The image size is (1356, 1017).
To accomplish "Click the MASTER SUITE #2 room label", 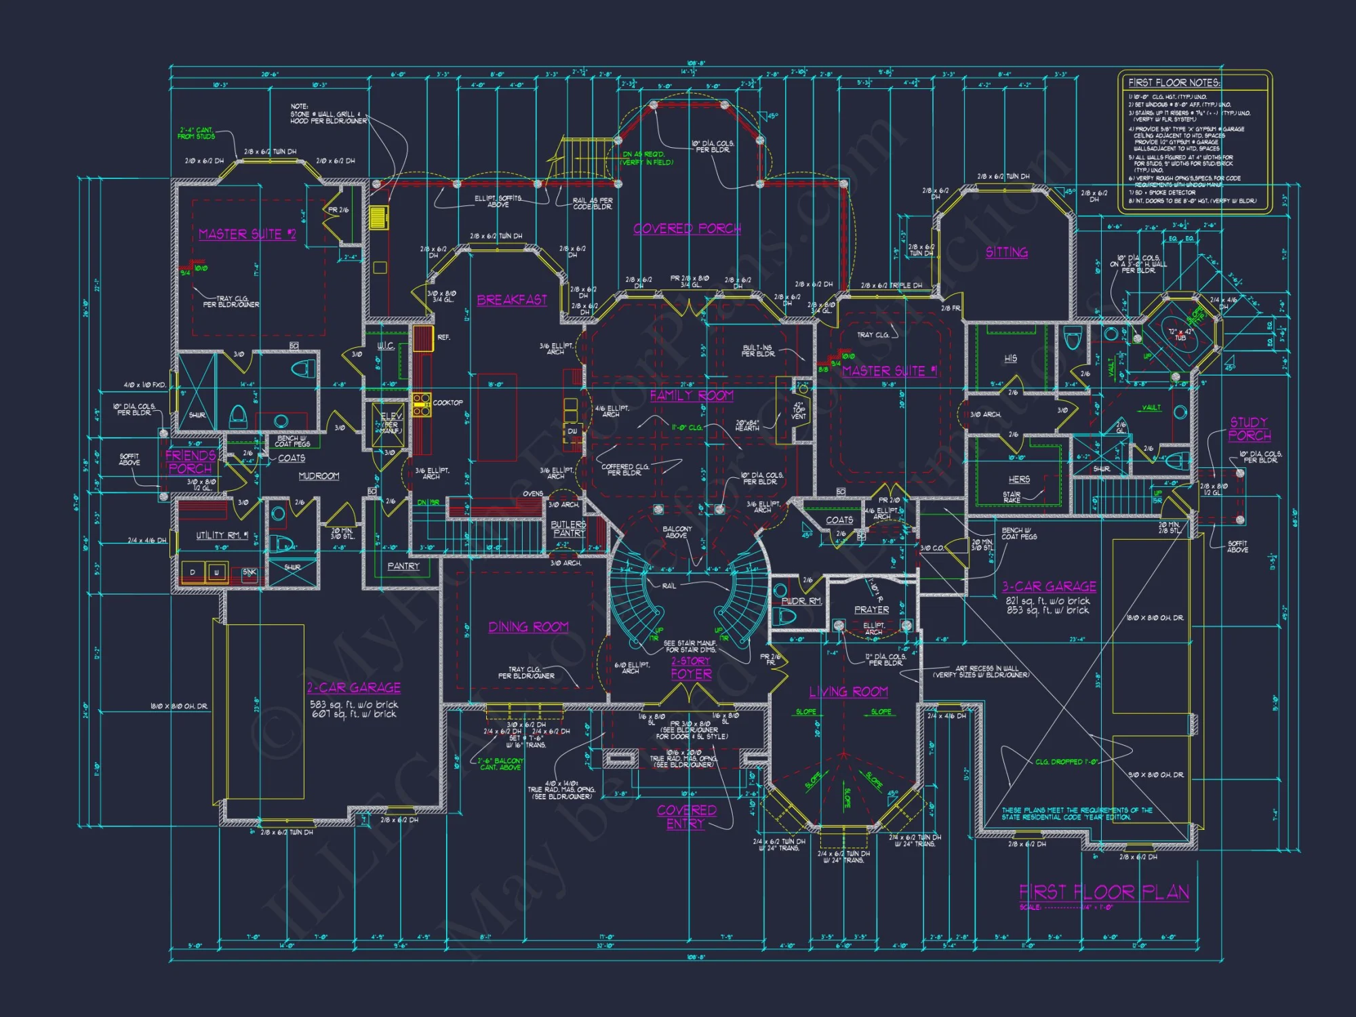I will [247, 235].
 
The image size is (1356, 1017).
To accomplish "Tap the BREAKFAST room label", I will [512, 300].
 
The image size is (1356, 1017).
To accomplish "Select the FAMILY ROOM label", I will [692, 395].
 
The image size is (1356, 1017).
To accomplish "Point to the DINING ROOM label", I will [528, 627].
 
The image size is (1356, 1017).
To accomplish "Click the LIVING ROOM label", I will [848, 692].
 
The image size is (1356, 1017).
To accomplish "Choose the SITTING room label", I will [1006, 252].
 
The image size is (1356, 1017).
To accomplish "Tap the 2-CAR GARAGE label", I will [353, 687].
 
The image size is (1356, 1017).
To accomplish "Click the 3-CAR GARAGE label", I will [1049, 586].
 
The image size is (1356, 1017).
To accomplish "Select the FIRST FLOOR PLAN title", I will [1104, 892].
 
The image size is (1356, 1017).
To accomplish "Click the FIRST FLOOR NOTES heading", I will [1174, 83].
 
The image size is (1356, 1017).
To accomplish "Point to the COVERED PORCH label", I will [687, 228].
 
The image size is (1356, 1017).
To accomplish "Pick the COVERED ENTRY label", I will [686, 817].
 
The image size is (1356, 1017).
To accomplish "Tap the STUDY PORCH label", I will [1249, 429].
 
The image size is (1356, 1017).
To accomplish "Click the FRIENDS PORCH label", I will [191, 462].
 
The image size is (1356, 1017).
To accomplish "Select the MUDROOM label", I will [319, 476].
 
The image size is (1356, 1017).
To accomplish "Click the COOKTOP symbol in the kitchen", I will [422, 403].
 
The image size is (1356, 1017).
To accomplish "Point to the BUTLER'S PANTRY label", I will [568, 529].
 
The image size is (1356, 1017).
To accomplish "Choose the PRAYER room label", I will [871, 610].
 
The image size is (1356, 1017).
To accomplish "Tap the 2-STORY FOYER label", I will [691, 668].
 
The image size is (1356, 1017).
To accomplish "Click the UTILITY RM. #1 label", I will [222, 535].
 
